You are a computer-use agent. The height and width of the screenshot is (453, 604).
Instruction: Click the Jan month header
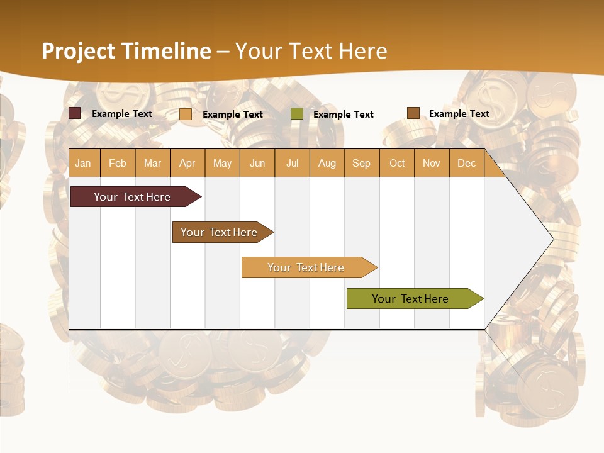pos(84,163)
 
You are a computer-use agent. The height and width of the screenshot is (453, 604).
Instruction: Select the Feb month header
pos(118,163)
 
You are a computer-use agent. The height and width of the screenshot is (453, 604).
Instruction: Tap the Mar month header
pos(152,163)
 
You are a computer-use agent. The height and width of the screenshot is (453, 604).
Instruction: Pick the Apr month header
pos(187,163)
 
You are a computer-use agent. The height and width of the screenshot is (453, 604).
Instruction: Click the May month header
pos(222,163)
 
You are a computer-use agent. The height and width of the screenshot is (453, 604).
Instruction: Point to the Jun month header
pos(257,163)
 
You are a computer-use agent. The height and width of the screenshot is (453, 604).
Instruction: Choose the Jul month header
pos(292,163)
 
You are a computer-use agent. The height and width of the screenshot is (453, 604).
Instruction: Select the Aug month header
pos(327,163)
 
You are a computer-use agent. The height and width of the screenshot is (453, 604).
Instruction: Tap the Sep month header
pos(362,163)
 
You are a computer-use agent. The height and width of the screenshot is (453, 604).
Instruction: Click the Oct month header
pos(397,163)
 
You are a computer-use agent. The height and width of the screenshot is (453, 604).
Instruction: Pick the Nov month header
pos(432,163)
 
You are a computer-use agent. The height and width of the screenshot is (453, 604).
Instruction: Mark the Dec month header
pos(467,163)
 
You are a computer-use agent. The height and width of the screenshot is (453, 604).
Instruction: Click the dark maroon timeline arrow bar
pos(132,197)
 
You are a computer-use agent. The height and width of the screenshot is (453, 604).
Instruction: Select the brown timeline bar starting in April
pos(220,232)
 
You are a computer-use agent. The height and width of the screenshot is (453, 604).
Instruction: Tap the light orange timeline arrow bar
pos(306,267)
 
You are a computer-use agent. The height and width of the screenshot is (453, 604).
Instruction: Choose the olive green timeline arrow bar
pos(411,299)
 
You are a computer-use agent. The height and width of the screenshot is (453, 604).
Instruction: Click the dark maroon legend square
pos(75,113)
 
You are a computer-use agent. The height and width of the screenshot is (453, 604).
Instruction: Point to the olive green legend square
pos(297,114)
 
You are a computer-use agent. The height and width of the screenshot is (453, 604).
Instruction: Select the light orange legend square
pos(186,114)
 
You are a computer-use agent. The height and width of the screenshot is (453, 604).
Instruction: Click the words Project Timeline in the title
pos(126,51)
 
